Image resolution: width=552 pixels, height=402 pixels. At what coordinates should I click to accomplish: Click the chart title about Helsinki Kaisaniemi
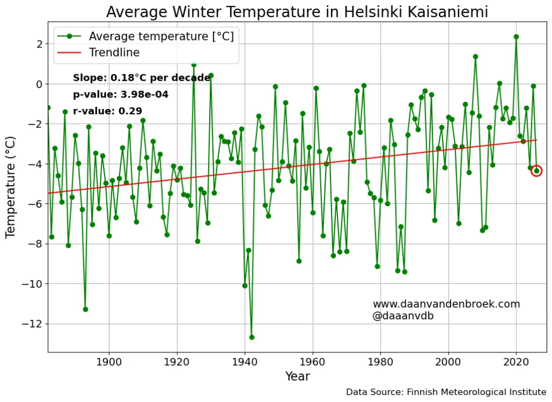tap(297, 12)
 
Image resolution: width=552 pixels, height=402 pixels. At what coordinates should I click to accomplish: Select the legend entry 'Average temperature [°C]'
tap(161, 36)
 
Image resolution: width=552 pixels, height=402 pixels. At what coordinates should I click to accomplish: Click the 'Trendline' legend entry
tap(114, 52)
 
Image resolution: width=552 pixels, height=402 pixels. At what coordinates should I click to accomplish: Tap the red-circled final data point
tap(536, 171)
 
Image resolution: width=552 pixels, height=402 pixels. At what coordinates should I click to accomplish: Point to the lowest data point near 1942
tap(252, 337)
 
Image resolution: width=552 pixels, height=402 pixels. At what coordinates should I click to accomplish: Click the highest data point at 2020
tap(516, 37)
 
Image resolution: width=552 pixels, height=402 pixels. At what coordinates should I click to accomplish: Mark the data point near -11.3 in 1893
tap(85, 309)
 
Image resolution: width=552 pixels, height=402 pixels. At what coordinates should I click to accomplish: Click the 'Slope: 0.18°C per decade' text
tap(141, 78)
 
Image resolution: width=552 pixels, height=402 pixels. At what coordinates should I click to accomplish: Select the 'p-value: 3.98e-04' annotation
tap(121, 95)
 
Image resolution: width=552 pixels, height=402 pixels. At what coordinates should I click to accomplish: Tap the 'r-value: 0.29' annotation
tap(107, 111)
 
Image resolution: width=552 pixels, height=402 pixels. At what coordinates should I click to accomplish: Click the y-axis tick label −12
tap(33, 324)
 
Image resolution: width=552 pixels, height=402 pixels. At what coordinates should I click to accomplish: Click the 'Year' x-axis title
tap(297, 377)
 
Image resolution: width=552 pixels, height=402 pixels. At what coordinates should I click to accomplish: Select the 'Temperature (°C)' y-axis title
tap(11, 187)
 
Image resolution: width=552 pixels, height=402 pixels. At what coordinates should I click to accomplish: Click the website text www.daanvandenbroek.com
tap(446, 304)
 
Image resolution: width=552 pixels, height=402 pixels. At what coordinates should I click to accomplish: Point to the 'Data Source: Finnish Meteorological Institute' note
tap(446, 392)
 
